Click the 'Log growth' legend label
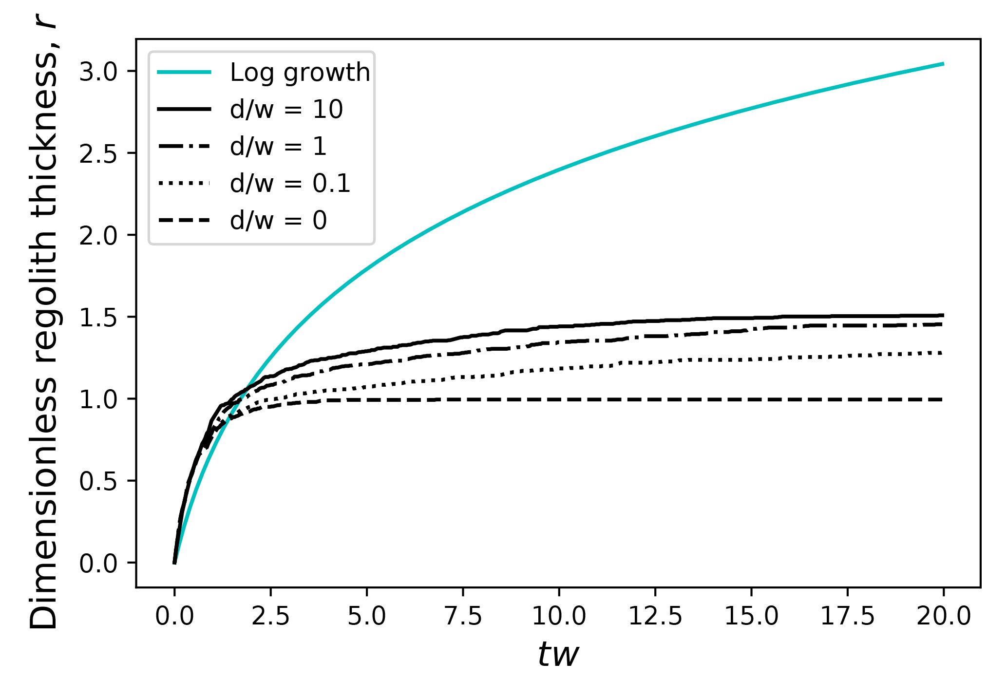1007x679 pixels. tap(300, 73)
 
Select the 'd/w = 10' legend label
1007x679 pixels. tap(286, 109)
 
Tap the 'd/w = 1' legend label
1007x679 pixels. tap(278, 146)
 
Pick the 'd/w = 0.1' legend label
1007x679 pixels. tap(290, 184)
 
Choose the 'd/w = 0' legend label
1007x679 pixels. tap(278, 221)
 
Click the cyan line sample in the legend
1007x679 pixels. tap(184, 72)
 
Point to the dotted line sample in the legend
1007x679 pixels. tap(184, 183)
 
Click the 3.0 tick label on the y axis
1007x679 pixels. tap(98, 72)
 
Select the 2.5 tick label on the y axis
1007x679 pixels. tap(98, 154)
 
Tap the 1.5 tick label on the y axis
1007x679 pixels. tap(98, 318)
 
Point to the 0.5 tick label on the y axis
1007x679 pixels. tap(98, 481)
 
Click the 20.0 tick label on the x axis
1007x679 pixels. tap(944, 616)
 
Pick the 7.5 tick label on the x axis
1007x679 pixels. tap(463, 616)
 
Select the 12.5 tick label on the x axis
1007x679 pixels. tap(655, 616)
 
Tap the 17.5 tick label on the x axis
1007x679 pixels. tap(848, 616)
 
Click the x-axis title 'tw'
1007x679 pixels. tap(558, 654)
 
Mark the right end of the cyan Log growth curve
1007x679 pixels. tap(943, 64)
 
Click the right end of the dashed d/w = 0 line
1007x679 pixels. tap(942, 399)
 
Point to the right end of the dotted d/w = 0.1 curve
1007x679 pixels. tap(943, 353)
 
